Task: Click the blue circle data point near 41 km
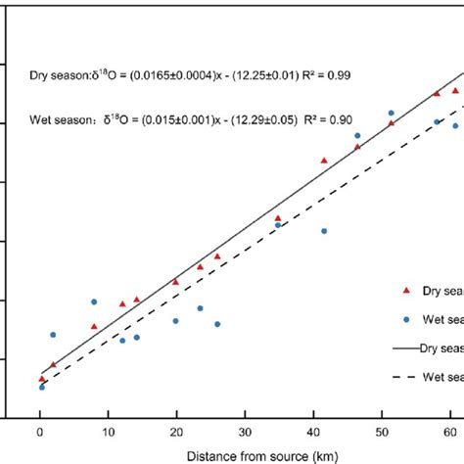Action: [324, 231]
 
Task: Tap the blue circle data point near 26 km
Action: [217, 324]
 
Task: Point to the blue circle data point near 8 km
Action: [94, 302]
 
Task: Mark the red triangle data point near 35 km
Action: [278, 218]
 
